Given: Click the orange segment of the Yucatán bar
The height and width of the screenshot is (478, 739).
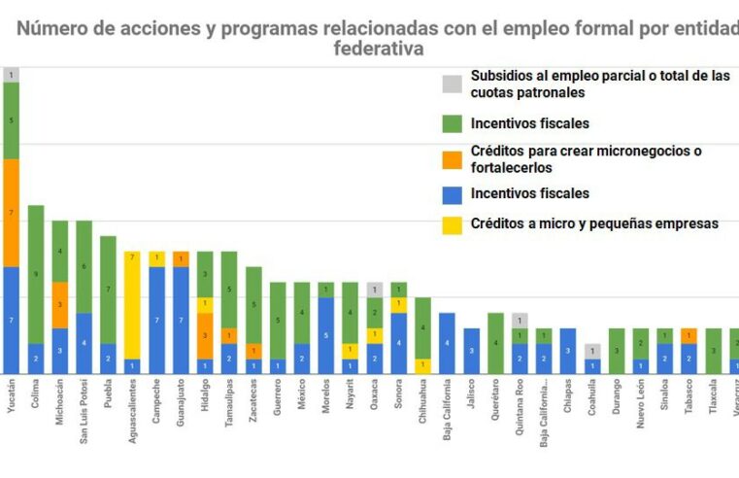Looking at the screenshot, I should (x=12, y=213).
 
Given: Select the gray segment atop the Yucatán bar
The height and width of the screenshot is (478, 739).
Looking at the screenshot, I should (x=12, y=75).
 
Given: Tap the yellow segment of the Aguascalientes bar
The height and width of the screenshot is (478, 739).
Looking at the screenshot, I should (x=133, y=305).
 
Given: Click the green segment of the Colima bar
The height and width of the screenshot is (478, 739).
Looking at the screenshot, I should (x=36, y=274).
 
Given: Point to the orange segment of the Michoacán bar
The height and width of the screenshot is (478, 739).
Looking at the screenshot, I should (x=60, y=304).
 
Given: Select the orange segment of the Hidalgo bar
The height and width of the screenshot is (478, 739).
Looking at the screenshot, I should (x=205, y=335).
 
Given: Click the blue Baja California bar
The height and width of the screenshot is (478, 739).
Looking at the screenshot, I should (x=447, y=343).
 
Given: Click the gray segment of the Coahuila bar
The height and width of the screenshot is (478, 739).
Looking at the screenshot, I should (x=592, y=351).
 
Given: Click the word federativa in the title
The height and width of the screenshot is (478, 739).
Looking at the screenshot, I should (x=378, y=48).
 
